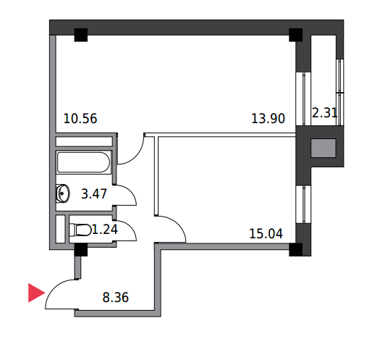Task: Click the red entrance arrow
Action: (36, 293)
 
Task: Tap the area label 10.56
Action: (80, 119)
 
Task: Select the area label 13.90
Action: (268, 119)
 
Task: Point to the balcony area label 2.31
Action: (324, 113)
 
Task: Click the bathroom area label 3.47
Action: (94, 194)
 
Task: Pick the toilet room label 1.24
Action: (105, 229)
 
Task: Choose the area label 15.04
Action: (266, 234)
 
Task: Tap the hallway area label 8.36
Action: (116, 298)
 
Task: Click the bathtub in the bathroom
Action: (84, 162)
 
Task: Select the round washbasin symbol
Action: (63, 193)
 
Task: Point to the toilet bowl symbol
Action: (80, 230)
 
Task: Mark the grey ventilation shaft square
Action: (324, 148)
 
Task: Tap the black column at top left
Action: (80, 35)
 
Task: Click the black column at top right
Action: (295, 35)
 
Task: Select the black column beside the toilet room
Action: (80, 250)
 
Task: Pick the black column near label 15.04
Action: (295, 250)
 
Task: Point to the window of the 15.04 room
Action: (303, 204)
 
